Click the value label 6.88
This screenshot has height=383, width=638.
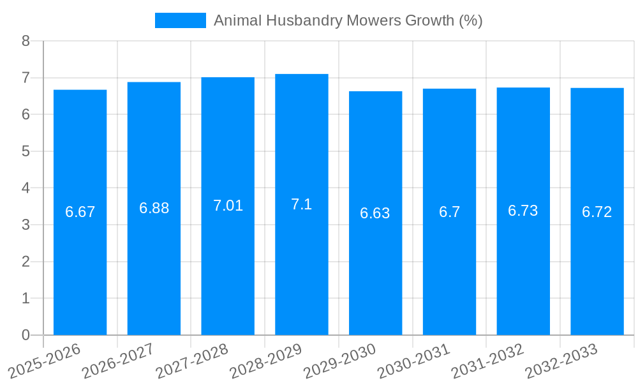154,208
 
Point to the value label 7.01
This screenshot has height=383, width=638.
228,206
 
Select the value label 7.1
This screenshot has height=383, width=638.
302,204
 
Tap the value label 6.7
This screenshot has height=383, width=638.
449,212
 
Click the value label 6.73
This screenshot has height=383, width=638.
523,211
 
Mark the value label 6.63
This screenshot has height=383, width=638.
375,213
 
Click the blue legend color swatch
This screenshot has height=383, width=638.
181,20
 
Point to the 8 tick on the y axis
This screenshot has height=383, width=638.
26,41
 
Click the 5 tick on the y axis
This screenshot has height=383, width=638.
26,151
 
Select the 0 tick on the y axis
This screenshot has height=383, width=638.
26,335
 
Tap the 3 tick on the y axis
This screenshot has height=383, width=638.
26,225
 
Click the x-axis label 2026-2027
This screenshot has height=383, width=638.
118,361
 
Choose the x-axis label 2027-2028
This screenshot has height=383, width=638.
192,361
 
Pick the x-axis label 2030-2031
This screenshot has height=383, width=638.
413,361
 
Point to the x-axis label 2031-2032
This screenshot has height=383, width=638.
487,361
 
